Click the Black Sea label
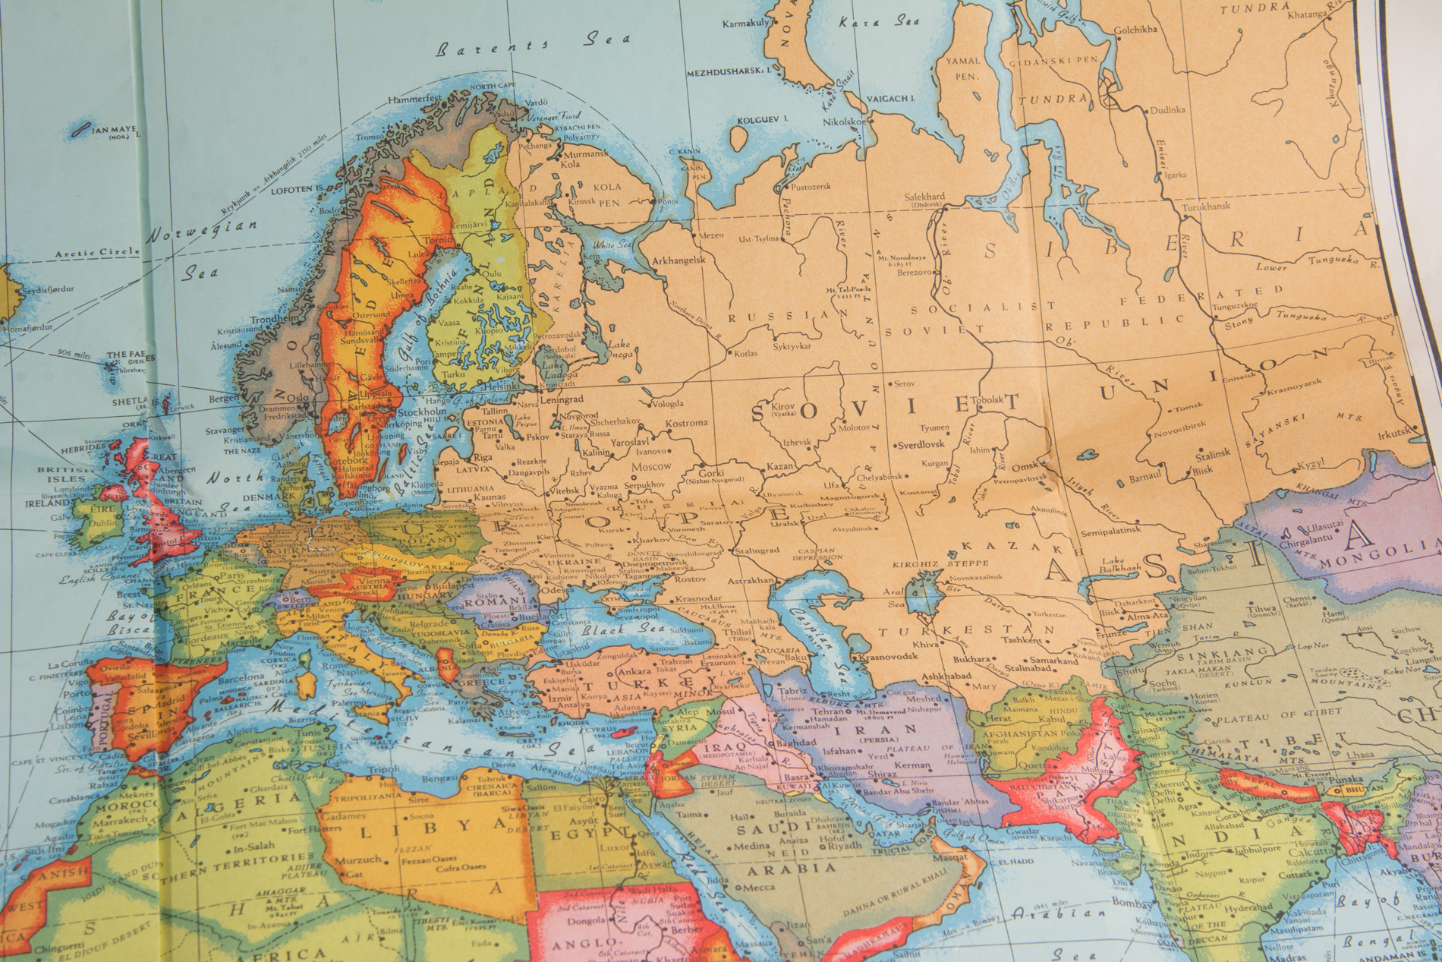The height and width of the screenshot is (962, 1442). [612, 629]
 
